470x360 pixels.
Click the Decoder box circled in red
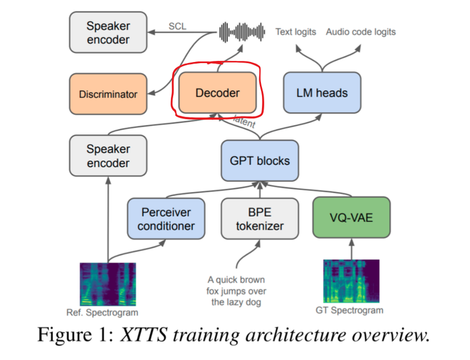tap(218, 93)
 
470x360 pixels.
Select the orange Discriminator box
tap(108, 94)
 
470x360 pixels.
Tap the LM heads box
tap(322, 93)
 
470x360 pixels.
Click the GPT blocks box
tap(260, 161)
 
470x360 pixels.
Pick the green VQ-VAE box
tap(352, 217)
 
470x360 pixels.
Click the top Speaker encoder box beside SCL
tap(108, 32)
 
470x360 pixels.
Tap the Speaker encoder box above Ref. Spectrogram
tap(108, 156)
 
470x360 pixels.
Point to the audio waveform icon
tap(243, 32)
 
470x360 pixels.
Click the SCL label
tap(178, 26)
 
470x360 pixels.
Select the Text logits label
tap(296, 32)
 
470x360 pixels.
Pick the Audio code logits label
tap(361, 32)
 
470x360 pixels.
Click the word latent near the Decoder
tap(245, 122)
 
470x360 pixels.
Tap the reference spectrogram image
tap(108, 284)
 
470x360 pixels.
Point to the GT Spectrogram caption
tap(349, 310)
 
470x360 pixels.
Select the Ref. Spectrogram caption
tap(103, 313)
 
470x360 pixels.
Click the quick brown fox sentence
tap(235, 291)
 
